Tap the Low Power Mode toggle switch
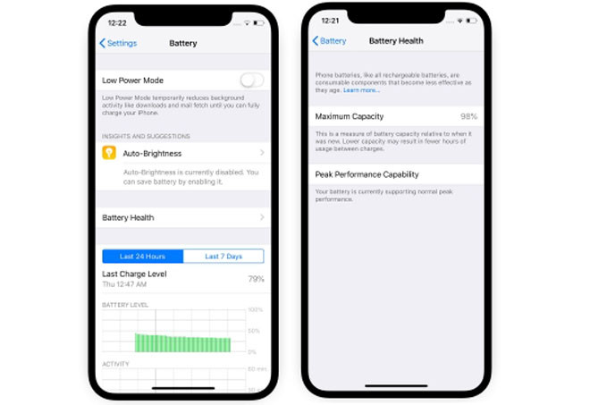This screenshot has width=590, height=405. click(x=251, y=80)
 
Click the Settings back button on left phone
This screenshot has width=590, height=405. click(x=118, y=43)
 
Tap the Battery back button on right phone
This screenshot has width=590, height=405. click(x=329, y=41)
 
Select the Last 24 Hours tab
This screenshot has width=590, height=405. click(x=143, y=257)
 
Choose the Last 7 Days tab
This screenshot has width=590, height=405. click(x=223, y=257)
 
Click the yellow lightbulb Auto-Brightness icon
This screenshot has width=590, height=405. click(x=110, y=154)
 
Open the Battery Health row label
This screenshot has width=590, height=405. click(x=128, y=217)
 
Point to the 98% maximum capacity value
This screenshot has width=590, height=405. click(x=468, y=116)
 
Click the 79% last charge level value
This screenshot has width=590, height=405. click(x=256, y=279)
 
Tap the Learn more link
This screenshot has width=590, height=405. click(x=361, y=90)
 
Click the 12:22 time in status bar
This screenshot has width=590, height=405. click(x=116, y=21)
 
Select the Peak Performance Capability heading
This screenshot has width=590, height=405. click(x=367, y=174)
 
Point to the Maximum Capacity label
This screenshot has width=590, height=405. click(x=350, y=116)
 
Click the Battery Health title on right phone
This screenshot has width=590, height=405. click(x=396, y=41)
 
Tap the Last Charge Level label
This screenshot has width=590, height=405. click(x=134, y=274)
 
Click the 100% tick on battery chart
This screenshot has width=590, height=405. click(x=256, y=309)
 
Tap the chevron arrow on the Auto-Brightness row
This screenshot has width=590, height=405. click(x=261, y=154)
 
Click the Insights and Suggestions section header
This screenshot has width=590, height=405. click(x=145, y=136)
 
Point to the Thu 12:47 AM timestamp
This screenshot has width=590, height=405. click(x=123, y=284)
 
